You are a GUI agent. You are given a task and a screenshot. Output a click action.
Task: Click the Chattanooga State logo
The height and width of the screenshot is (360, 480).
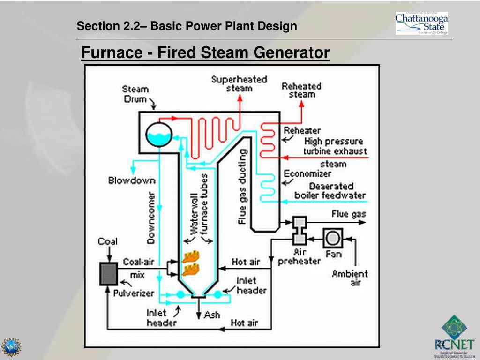(x=421, y=23)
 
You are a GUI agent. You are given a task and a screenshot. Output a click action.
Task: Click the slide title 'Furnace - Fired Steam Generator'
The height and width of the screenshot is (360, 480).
(x=205, y=53)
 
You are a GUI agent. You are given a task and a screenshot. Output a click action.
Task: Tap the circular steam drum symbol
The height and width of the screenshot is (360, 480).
(x=158, y=134)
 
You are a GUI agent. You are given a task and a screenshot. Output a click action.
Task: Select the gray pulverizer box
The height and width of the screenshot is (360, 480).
(x=108, y=274)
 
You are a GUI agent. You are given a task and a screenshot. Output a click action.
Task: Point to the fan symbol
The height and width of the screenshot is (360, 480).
(x=333, y=238)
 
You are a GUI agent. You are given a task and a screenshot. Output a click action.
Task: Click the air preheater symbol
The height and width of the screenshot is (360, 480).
(x=299, y=230)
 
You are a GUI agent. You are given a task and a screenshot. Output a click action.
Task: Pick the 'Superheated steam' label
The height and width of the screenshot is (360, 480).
(x=239, y=83)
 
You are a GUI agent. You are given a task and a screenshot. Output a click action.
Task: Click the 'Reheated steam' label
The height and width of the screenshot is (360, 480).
(x=301, y=90)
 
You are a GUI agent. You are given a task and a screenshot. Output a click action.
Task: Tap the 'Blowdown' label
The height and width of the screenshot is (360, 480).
(x=132, y=180)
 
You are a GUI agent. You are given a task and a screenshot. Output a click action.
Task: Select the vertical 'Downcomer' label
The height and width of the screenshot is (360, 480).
(x=151, y=217)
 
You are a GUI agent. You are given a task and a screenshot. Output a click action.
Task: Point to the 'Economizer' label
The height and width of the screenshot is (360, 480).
(x=307, y=173)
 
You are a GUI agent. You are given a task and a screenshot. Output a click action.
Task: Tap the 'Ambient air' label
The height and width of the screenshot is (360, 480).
(x=350, y=278)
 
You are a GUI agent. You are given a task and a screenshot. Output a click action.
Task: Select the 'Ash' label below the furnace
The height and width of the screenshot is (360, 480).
(x=212, y=315)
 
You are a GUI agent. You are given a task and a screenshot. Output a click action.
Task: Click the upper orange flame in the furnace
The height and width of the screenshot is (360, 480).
(x=190, y=257)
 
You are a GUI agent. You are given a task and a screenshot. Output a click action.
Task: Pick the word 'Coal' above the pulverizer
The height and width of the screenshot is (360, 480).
(x=107, y=241)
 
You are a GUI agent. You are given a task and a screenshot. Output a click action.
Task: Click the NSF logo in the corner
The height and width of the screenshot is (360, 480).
(x=11, y=347)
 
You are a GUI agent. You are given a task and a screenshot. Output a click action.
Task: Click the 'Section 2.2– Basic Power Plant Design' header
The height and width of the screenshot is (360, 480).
(x=187, y=26)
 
